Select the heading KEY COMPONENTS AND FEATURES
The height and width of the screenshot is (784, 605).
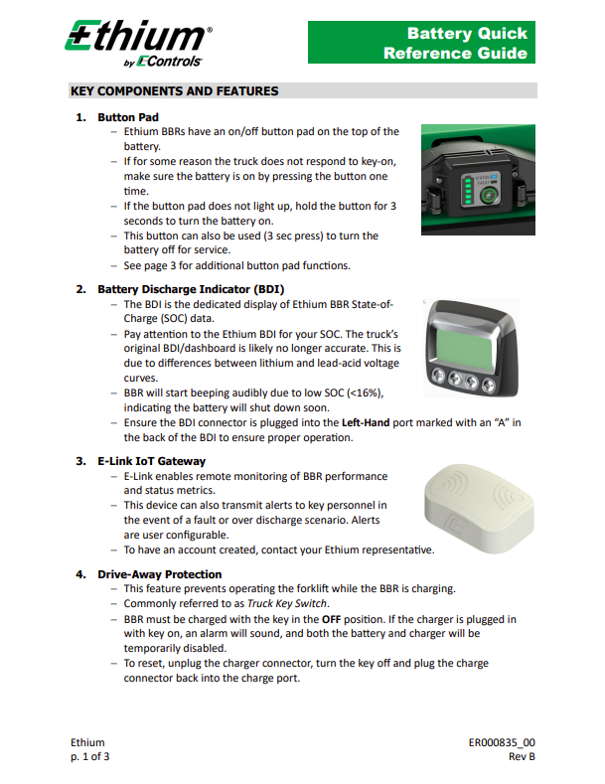[x=174, y=91]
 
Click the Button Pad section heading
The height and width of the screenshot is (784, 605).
[x=128, y=117]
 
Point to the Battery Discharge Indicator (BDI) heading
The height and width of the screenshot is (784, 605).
[x=191, y=289]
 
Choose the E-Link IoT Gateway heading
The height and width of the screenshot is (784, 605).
[x=152, y=461]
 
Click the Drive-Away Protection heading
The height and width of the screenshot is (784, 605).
[x=159, y=574]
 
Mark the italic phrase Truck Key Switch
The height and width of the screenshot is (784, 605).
[x=288, y=603]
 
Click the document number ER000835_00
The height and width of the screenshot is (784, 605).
[x=502, y=742]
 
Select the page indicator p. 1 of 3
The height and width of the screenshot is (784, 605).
[x=90, y=757]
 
